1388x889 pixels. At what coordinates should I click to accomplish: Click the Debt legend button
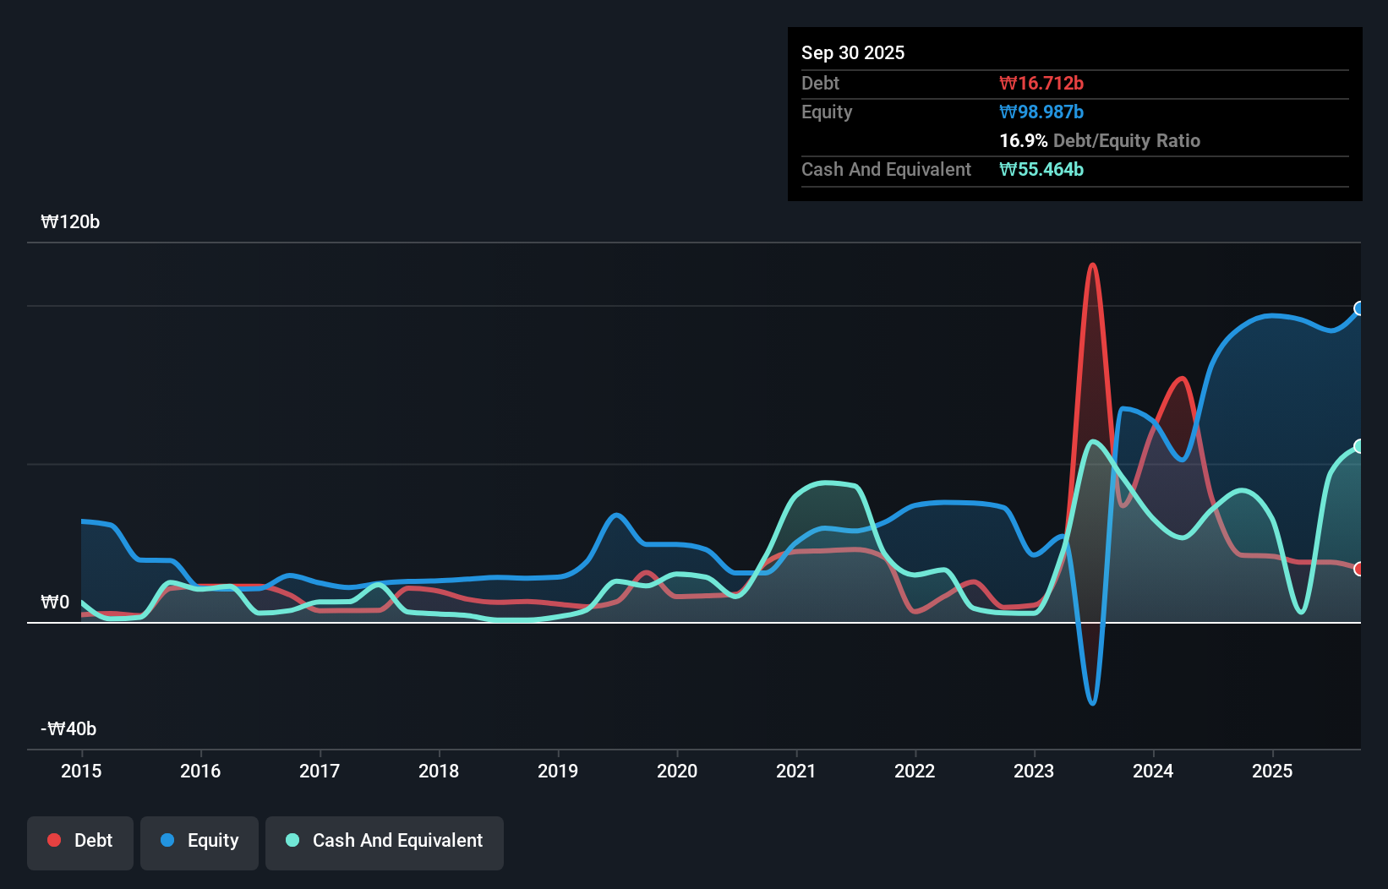(80, 841)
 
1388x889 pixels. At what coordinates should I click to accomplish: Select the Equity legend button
(199, 841)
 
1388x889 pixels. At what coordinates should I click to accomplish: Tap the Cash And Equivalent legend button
(385, 841)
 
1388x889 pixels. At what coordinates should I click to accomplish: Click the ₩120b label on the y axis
(70, 222)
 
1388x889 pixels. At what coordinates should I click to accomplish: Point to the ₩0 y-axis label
(55, 603)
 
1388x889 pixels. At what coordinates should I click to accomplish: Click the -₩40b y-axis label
(68, 729)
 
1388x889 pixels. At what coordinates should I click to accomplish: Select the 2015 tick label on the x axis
(81, 772)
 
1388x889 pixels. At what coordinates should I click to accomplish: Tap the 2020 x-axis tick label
(677, 772)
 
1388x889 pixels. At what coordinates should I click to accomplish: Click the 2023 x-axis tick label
(1034, 772)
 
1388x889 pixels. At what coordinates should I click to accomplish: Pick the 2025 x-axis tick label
(1272, 772)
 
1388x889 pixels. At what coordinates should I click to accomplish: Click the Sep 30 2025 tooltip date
(853, 53)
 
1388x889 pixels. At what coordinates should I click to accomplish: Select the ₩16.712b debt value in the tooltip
(1041, 84)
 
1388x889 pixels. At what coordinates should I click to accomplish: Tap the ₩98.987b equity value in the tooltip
(1041, 112)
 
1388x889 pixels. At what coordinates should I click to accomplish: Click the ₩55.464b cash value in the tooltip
(1041, 170)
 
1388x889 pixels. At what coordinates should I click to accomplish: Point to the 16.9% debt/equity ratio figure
(1023, 141)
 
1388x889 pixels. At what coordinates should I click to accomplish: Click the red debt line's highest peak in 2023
(1092, 265)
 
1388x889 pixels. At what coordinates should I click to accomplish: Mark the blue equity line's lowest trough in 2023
(1092, 703)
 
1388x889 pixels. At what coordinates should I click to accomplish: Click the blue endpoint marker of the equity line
(1359, 308)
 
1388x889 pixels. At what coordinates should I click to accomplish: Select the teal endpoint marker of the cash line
(1359, 446)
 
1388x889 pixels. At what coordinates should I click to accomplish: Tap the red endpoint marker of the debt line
(1359, 569)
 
